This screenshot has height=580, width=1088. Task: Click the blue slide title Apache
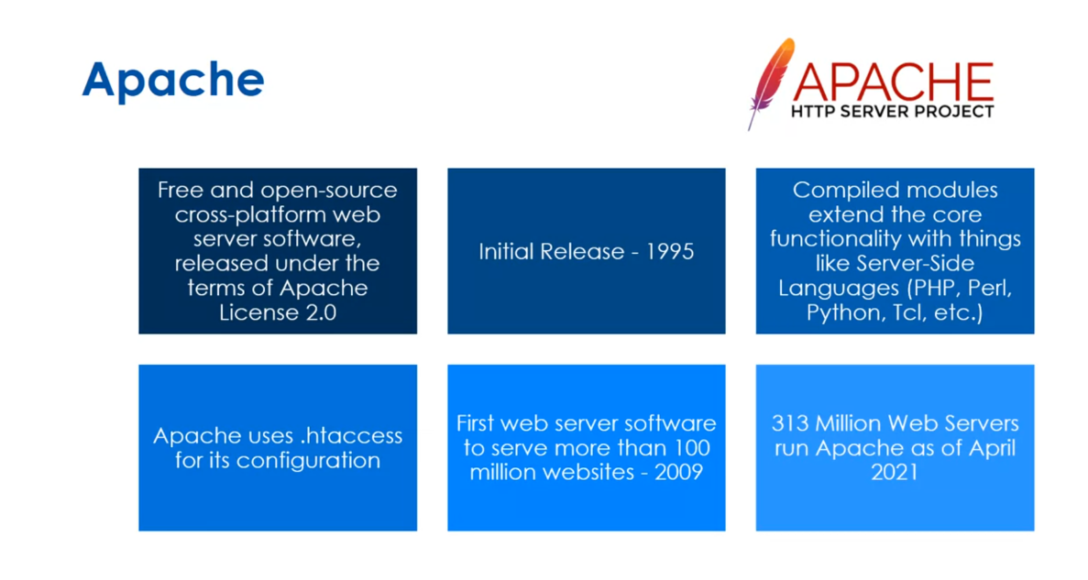(x=172, y=80)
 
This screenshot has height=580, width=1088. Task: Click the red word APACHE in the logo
(x=892, y=82)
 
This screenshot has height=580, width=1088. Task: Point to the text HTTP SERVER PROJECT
(x=892, y=112)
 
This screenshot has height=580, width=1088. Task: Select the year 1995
(x=665, y=251)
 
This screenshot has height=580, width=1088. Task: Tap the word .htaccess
(x=353, y=435)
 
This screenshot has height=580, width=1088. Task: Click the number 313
(x=794, y=424)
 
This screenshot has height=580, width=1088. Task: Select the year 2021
(x=895, y=473)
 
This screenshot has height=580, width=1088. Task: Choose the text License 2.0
(x=277, y=312)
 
